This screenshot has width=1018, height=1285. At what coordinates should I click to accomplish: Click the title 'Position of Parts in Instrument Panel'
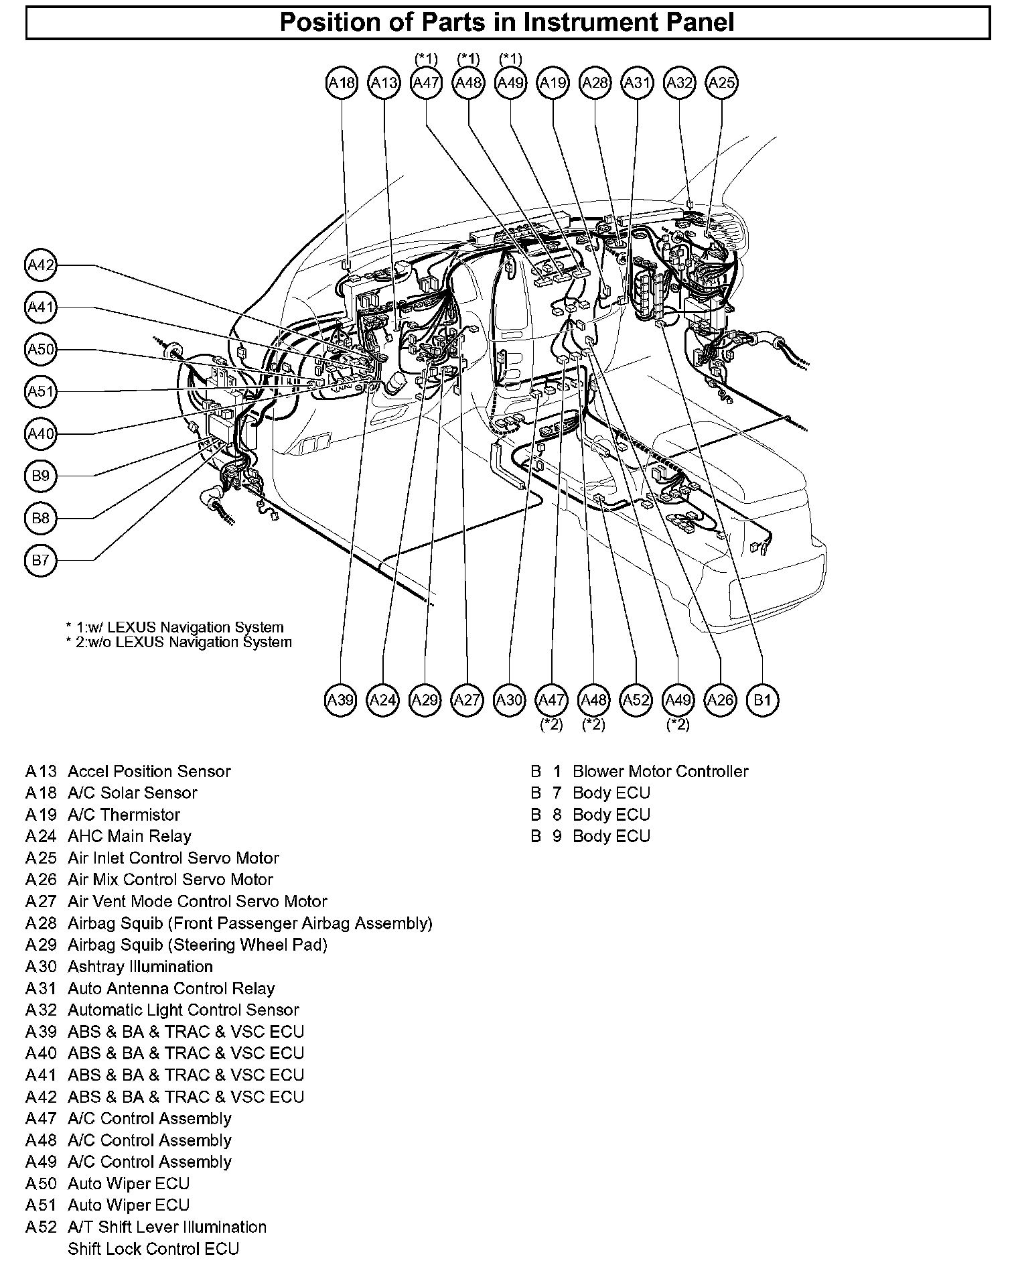(x=507, y=22)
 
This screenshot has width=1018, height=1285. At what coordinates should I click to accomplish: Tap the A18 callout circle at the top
(x=342, y=83)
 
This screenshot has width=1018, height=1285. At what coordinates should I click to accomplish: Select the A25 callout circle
(x=721, y=83)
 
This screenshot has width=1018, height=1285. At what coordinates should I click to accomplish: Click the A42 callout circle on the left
(x=41, y=265)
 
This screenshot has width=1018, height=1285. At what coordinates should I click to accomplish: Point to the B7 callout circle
(x=41, y=560)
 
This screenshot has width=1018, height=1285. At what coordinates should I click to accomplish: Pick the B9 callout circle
(x=41, y=476)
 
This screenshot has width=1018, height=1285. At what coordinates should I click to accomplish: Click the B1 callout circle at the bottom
(x=762, y=701)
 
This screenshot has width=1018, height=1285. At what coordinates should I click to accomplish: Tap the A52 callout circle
(x=636, y=701)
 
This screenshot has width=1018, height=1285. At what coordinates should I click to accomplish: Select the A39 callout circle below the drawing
(x=340, y=701)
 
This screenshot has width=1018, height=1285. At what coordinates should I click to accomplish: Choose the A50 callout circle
(x=41, y=350)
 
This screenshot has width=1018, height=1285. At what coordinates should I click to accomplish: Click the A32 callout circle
(x=679, y=83)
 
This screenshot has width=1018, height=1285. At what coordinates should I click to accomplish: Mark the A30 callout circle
(x=509, y=701)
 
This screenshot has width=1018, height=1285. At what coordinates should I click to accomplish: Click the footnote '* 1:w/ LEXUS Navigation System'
(x=175, y=627)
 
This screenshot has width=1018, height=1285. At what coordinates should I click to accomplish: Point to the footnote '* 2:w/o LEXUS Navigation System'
(x=179, y=642)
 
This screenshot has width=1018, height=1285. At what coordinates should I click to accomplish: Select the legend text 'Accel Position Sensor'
(x=149, y=771)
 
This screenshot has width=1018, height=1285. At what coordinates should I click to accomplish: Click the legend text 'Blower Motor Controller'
(x=660, y=771)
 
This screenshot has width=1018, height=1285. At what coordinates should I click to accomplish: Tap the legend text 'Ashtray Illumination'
(x=140, y=966)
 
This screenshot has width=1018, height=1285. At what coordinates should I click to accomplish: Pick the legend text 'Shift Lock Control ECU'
(x=153, y=1249)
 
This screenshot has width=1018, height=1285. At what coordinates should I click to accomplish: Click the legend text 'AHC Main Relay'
(x=129, y=836)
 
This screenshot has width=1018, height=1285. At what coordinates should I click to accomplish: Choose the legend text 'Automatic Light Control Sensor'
(x=183, y=1010)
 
